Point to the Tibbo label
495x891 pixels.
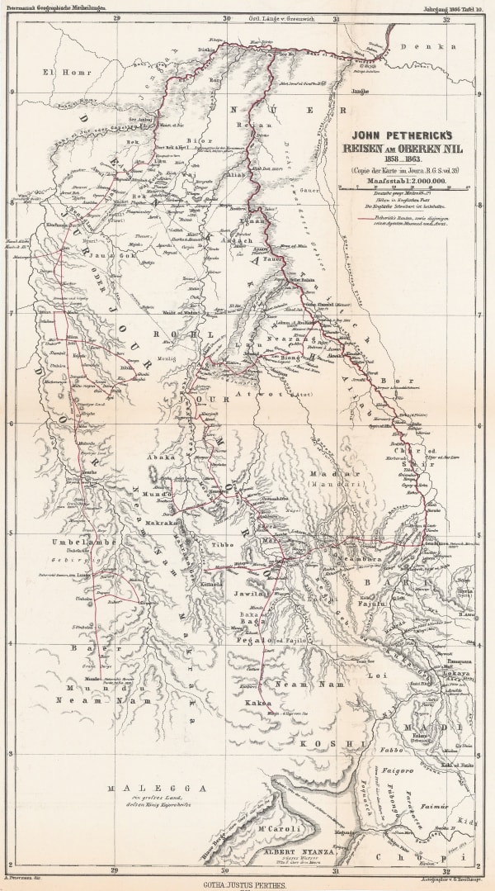coord(225,546)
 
